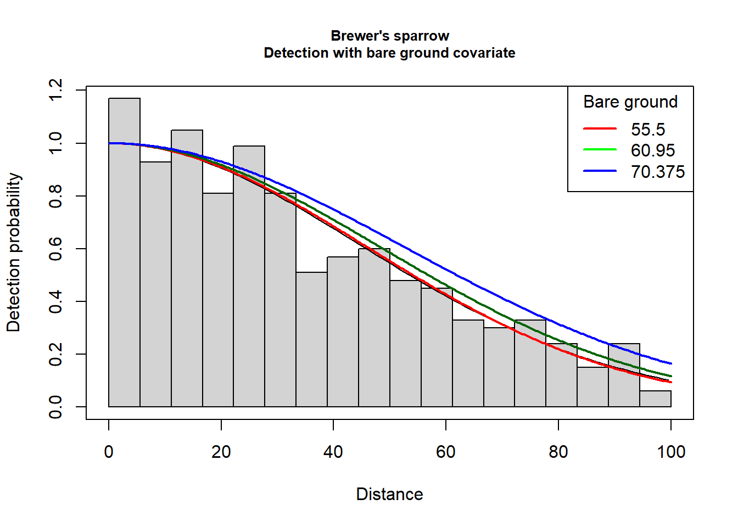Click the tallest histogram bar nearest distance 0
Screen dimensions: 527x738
coord(124,253)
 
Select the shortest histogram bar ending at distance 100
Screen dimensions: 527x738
coord(655,399)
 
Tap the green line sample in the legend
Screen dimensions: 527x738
coord(600,150)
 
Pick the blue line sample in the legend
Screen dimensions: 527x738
coord(600,171)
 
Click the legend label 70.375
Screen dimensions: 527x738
coord(657,172)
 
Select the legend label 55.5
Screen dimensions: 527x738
coord(647,130)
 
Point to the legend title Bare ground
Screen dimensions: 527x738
coord(630,102)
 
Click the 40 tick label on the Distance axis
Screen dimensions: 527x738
coord(333,452)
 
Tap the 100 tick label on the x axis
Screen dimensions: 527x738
coord(670,452)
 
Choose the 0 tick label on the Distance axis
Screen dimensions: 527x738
coord(109,452)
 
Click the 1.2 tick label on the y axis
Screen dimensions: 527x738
coord(55,89)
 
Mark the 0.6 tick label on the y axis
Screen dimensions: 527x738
coord(55,249)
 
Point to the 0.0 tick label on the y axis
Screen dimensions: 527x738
coord(55,407)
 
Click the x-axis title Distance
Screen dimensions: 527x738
coord(389,494)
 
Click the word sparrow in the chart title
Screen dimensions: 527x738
coord(421,36)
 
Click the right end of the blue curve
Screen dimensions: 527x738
coord(670,363)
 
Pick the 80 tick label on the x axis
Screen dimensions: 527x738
coord(558,452)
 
